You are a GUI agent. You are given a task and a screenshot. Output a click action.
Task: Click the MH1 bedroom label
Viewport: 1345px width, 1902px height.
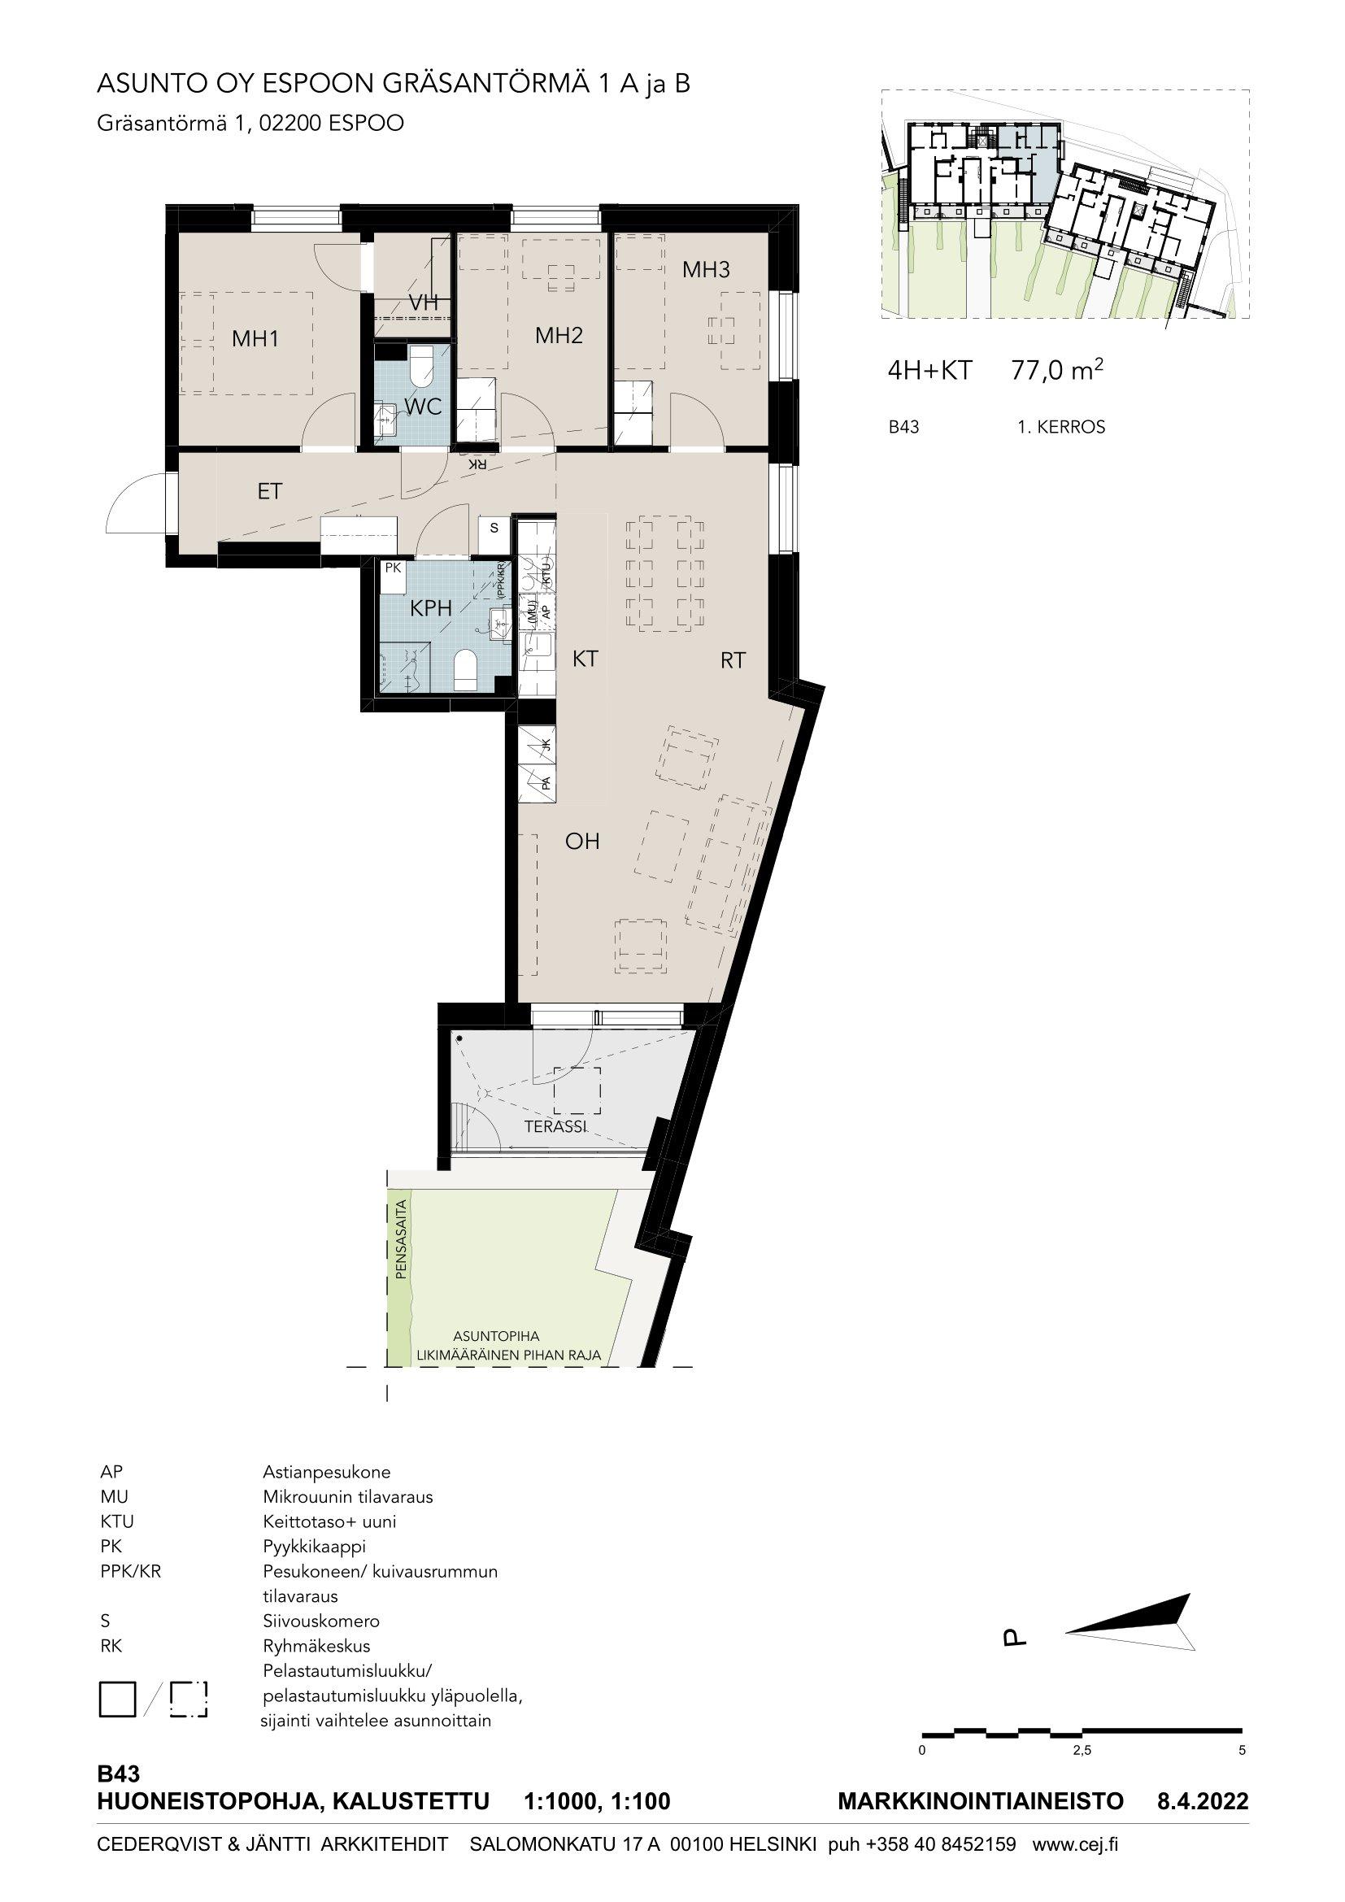255,339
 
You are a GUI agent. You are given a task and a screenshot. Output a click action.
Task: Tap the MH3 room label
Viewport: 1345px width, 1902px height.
707,269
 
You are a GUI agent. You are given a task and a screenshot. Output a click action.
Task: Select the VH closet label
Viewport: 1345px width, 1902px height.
423,303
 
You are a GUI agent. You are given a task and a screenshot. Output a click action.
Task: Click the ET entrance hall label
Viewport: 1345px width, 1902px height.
269,491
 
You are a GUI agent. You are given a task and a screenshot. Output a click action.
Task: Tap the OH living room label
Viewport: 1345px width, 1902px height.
582,842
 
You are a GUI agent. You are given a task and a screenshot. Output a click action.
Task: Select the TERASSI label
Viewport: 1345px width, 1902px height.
555,1126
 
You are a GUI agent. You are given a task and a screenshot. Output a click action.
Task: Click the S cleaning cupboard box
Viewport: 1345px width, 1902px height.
494,528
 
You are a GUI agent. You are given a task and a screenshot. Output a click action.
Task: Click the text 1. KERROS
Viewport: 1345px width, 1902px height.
1061,428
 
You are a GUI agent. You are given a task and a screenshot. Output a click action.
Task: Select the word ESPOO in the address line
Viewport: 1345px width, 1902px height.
365,124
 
